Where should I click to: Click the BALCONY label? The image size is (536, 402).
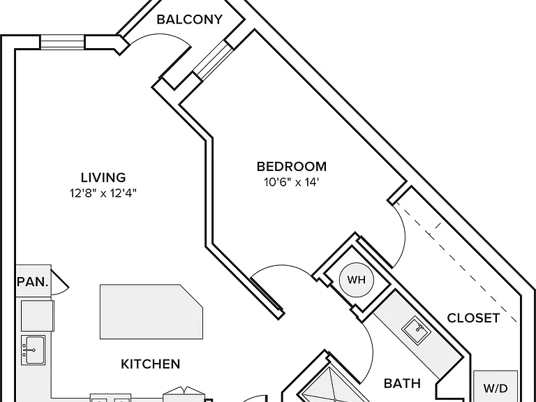(x=189, y=20)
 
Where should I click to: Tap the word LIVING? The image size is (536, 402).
(x=103, y=177)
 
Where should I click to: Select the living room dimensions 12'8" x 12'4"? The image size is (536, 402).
(x=103, y=193)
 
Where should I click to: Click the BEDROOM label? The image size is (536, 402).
(x=292, y=167)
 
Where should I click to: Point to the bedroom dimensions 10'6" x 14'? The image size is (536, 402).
(x=292, y=182)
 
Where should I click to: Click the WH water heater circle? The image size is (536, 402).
(x=356, y=280)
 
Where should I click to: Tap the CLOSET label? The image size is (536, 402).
(x=473, y=318)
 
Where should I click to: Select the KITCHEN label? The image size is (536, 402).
(x=151, y=364)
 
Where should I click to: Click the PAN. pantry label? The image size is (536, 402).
(x=33, y=282)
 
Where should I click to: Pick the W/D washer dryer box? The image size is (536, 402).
(x=496, y=387)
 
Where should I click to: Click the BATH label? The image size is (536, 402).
(x=402, y=383)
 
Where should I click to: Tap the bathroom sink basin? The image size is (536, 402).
(x=416, y=330)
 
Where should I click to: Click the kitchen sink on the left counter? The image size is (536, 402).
(x=33, y=350)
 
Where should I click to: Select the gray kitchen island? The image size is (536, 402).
(x=151, y=311)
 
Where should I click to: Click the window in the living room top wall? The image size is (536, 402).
(x=62, y=43)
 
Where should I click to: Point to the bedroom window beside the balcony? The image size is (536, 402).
(x=214, y=61)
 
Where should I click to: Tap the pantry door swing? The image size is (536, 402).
(x=60, y=282)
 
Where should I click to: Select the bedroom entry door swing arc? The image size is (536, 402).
(x=282, y=266)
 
